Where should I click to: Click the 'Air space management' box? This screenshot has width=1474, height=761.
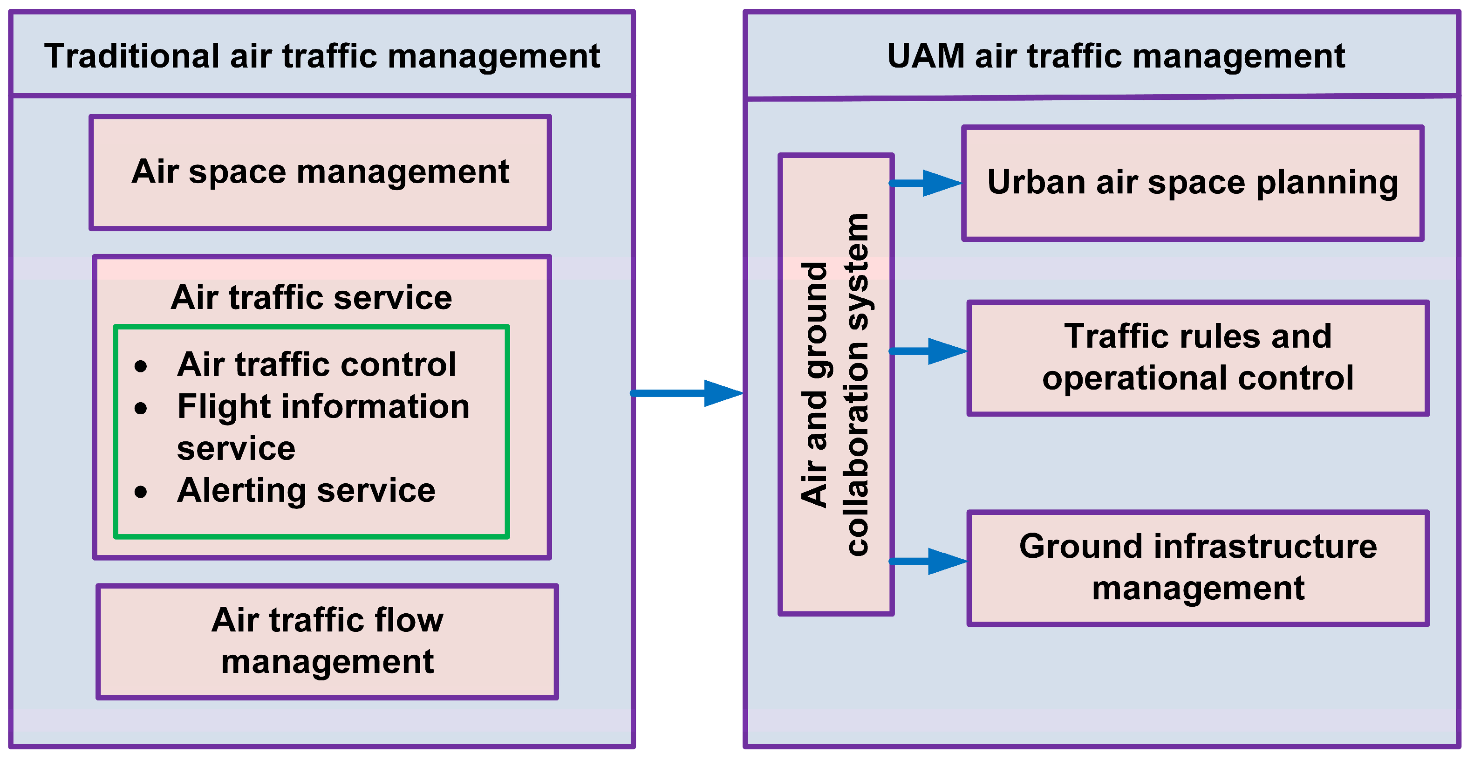[320, 171]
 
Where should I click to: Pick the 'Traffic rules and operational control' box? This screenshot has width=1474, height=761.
[1198, 357]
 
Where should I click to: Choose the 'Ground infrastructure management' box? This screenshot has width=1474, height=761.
[1198, 568]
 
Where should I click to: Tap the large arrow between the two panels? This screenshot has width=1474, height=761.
[687, 393]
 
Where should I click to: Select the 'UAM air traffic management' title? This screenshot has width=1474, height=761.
[1115, 56]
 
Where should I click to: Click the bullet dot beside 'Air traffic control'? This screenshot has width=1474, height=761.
[141, 366]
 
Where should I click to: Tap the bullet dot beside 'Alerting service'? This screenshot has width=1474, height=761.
[141, 492]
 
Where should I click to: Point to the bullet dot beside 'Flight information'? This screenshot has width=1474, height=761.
[141, 408]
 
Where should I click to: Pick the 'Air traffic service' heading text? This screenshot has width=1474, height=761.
[311, 297]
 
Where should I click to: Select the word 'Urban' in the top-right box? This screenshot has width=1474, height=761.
[1036, 183]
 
